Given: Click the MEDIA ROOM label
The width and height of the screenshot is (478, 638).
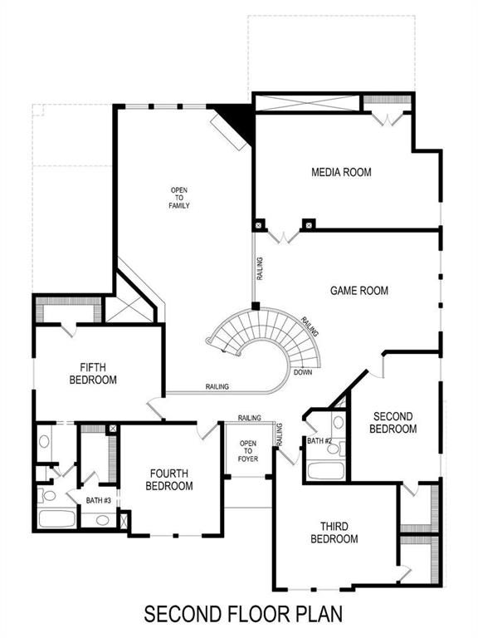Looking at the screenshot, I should point(341,173).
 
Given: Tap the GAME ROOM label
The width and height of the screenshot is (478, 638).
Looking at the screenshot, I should point(359,291).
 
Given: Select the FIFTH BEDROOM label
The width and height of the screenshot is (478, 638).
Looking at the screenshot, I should point(98,373).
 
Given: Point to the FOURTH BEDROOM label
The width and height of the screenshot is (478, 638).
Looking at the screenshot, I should point(169,479).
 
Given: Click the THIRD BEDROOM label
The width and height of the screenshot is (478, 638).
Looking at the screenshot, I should point(334,532).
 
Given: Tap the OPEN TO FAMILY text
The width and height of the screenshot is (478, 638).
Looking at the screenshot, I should point(180,197).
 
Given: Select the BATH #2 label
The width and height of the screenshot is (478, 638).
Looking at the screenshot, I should point(319,441).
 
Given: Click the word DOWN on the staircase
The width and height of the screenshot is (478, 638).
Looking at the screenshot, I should point(303,372).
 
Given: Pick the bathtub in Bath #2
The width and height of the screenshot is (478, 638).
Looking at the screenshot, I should point(324,470).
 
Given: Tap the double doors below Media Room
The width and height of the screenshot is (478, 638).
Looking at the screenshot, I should point(283,236).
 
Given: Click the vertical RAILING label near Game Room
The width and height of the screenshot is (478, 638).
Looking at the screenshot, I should point(260,267).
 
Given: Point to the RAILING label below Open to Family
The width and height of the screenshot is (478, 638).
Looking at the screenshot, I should point(217,386).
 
